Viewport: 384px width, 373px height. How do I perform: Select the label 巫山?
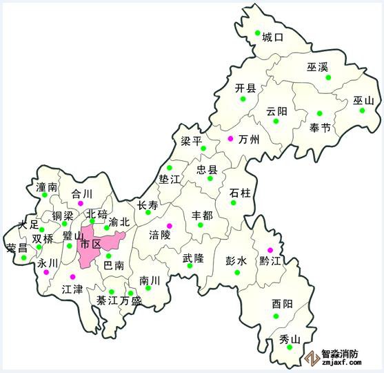coord(363,100)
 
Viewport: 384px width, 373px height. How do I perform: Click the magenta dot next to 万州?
coord(231,138)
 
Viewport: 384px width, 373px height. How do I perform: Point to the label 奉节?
coord(320,127)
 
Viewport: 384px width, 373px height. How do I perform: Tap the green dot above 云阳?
coord(276,121)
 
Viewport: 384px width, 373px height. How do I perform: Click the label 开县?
coord(245,88)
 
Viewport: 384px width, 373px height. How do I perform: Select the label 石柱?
coord(240,191)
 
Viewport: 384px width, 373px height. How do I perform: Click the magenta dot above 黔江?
coord(270,249)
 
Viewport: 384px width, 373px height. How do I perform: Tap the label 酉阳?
coord(282,304)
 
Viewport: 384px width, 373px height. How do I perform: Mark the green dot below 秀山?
coord(290,347)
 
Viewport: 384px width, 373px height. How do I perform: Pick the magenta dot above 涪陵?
coord(170,226)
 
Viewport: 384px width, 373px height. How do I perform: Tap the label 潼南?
coord(46,186)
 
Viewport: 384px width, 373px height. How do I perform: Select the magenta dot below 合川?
coord(81,204)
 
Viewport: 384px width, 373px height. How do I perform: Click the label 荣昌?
coord(17,247)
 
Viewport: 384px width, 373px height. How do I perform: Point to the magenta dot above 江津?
coord(72,277)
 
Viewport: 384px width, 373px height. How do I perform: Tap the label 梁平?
coord(191,141)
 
